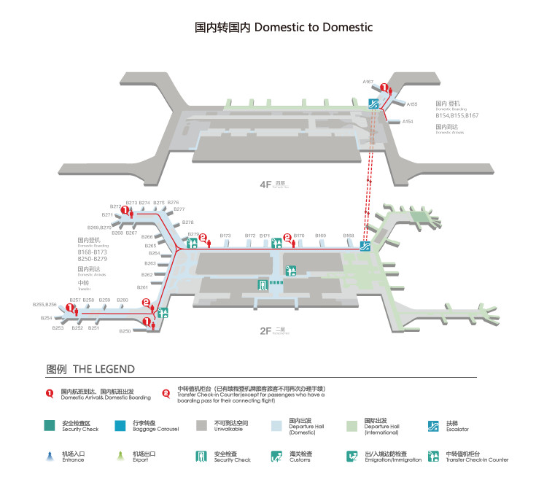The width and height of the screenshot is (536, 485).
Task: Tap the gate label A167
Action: pyautogui.click(x=368, y=81)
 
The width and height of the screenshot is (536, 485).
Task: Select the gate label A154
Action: pyautogui.click(x=408, y=122)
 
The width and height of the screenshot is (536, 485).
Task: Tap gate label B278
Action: pyautogui.click(x=187, y=222)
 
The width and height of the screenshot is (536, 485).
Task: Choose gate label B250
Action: pyautogui.click(x=125, y=331)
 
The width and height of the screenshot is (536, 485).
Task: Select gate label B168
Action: pyautogui.click(x=349, y=236)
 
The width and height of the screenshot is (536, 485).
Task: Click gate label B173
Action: pyautogui.click(x=225, y=236)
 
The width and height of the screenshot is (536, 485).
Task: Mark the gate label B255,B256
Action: pyautogui.click(x=44, y=304)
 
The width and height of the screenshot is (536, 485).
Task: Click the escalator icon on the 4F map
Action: pyautogui.click(x=373, y=104)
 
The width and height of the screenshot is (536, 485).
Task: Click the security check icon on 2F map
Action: pyautogui.click(x=262, y=284)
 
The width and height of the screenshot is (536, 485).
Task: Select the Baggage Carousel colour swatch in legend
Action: pyautogui.click(x=121, y=426)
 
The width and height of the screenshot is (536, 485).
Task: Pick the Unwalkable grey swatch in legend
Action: pyautogui.click(x=201, y=426)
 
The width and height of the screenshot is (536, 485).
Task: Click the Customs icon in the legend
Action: pyautogui.click(x=276, y=457)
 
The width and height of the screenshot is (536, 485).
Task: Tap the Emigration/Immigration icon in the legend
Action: pyautogui.click(x=351, y=457)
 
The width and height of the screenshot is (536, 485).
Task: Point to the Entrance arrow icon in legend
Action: pyautogui.click(x=50, y=457)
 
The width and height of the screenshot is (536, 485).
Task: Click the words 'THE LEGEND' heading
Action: pyautogui.click(x=104, y=369)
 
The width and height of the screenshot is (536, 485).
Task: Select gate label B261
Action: pyautogui.click(x=143, y=287)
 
